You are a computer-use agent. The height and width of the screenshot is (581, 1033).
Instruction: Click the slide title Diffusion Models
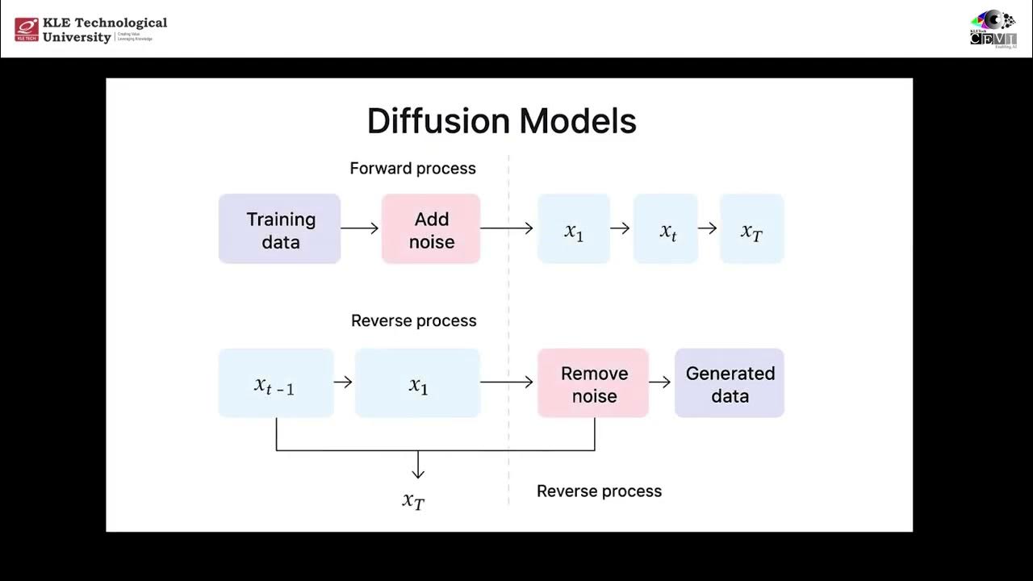(x=501, y=121)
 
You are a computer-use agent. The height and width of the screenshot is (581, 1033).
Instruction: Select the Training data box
(x=279, y=229)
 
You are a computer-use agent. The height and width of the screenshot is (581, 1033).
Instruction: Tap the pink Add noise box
(x=431, y=229)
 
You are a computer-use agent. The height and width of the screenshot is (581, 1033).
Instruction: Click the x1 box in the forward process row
(x=574, y=229)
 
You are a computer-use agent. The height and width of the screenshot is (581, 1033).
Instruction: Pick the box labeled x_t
(x=666, y=229)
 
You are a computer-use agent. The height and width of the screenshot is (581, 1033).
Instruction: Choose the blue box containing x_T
(x=751, y=229)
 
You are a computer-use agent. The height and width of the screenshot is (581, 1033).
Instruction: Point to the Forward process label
(x=412, y=169)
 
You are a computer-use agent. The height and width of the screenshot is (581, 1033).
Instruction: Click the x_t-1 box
(x=276, y=383)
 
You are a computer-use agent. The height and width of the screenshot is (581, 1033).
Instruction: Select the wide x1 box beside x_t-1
(x=417, y=383)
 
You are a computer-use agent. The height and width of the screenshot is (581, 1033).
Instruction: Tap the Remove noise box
(x=593, y=383)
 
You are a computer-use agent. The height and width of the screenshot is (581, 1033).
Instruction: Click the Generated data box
(x=730, y=383)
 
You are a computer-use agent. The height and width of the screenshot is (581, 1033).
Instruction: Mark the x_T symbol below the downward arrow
(x=413, y=500)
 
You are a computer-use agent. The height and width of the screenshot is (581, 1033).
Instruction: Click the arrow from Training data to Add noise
(x=360, y=229)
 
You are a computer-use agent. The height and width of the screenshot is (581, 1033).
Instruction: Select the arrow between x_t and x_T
(x=708, y=229)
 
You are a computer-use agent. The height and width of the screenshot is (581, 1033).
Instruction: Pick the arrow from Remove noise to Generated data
(x=660, y=382)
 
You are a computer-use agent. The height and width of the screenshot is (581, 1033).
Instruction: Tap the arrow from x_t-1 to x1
(x=343, y=382)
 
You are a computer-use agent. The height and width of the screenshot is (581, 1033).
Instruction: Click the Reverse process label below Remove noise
(x=599, y=491)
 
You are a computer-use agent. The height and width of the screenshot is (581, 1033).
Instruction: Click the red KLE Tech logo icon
(x=27, y=29)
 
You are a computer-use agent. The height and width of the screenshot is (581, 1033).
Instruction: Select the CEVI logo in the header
(x=993, y=31)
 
